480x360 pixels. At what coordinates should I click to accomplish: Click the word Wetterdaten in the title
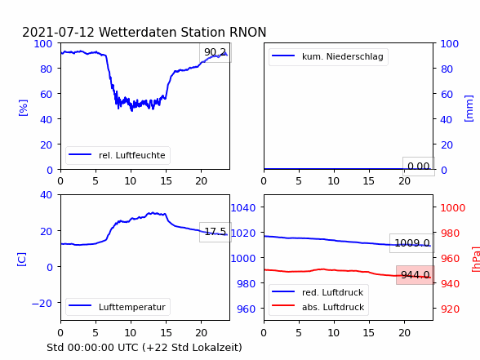[140, 32]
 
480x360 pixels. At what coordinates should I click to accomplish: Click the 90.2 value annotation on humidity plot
[216, 52]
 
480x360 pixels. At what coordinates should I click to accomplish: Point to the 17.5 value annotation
[216, 232]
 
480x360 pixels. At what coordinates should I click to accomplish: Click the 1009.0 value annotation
[412, 243]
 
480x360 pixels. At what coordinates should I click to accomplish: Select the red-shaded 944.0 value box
[416, 275]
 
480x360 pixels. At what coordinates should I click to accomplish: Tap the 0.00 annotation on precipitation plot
[419, 167]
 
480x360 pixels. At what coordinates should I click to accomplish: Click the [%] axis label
[23, 108]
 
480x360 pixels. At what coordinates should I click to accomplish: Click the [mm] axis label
[469, 109]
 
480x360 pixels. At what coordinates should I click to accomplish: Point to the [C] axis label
[21, 260]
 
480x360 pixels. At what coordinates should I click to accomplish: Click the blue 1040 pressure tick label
[243, 208]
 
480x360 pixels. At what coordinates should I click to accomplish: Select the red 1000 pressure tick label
[453, 208]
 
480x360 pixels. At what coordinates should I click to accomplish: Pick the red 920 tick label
[450, 309]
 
